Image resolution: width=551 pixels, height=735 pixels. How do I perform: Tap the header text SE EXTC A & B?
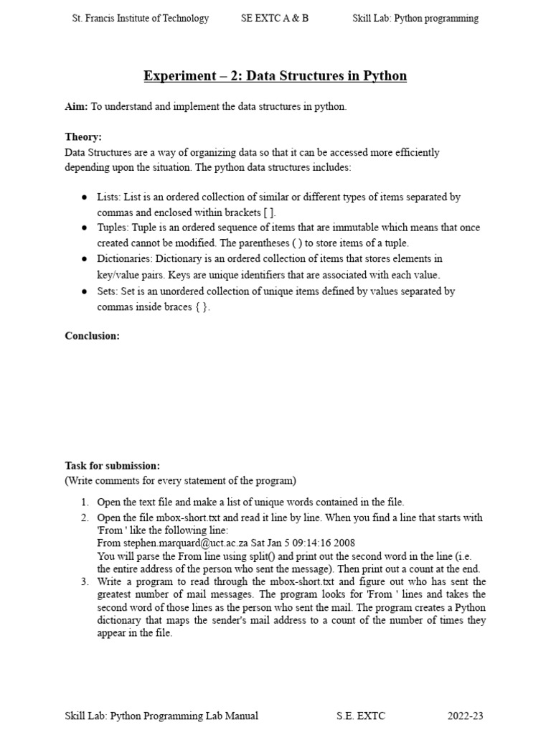click(x=275, y=19)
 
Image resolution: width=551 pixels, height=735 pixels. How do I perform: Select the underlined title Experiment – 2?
click(x=275, y=75)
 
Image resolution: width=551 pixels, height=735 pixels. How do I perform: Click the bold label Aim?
click(x=76, y=107)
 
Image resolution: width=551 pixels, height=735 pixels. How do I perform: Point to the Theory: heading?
click(x=83, y=137)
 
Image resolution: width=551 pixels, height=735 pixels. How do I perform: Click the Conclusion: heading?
click(x=92, y=336)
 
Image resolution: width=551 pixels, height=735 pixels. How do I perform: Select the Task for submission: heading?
click(x=112, y=466)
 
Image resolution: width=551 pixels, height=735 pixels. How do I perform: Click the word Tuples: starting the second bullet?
click(x=114, y=228)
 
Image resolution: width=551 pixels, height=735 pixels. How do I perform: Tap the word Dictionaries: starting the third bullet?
click(x=126, y=259)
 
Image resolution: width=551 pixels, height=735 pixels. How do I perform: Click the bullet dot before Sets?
click(x=84, y=291)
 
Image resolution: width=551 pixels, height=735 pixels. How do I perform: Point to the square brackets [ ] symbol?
click(x=268, y=212)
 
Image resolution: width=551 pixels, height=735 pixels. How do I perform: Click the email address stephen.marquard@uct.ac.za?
click(x=191, y=543)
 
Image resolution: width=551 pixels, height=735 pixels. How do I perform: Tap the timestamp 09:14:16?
click(x=309, y=543)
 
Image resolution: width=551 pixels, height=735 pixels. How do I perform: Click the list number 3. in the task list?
click(x=84, y=581)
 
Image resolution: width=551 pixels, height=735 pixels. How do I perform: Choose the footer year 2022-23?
click(x=466, y=716)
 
